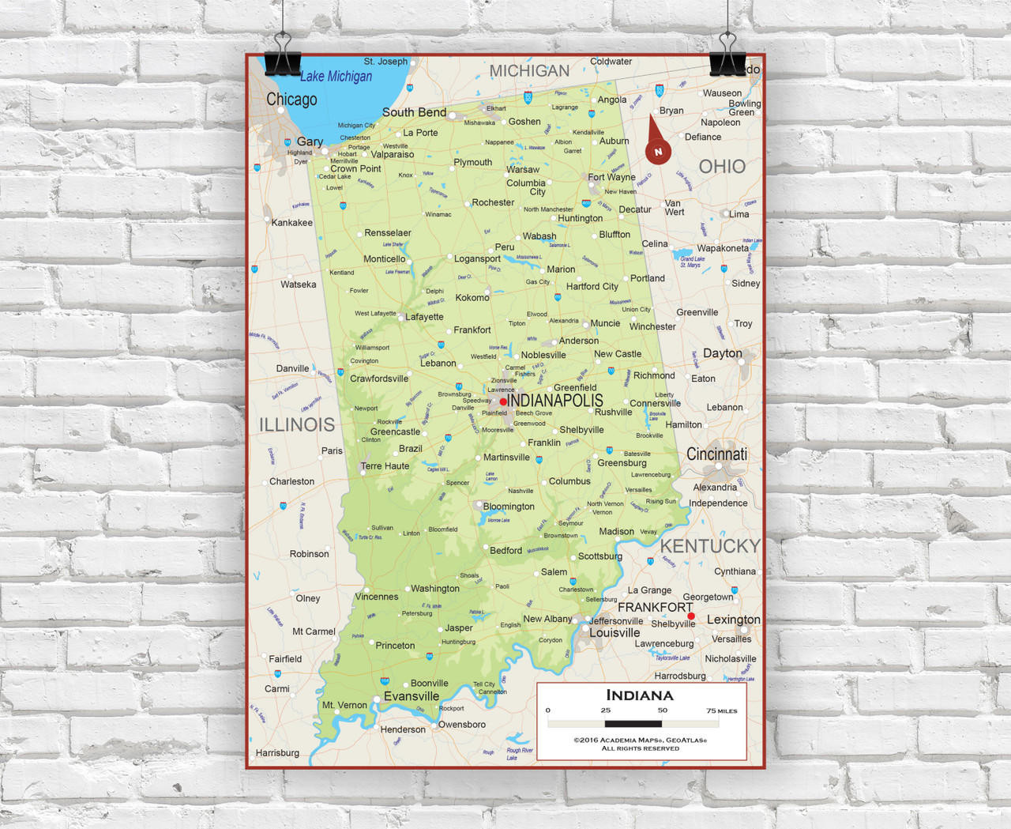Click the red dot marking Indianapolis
click(x=503, y=401)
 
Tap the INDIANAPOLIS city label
click(x=555, y=401)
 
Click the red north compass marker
click(x=658, y=150)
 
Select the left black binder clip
click(x=282, y=58)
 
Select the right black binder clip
click(x=727, y=58)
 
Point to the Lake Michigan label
click(x=336, y=77)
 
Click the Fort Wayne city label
click(x=611, y=177)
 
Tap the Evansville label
click(x=412, y=696)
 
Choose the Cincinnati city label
click(x=716, y=454)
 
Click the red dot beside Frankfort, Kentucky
click(x=691, y=616)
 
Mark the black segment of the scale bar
click(x=633, y=723)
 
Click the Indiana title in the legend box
click(x=640, y=695)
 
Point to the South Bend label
click(x=414, y=112)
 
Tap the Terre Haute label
click(x=385, y=466)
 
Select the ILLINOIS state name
click(x=297, y=424)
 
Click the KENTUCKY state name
click(x=709, y=546)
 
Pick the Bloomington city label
click(x=509, y=507)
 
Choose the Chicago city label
click(x=291, y=100)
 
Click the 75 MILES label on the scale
click(x=722, y=711)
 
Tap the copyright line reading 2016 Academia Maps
click(x=640, y=740)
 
